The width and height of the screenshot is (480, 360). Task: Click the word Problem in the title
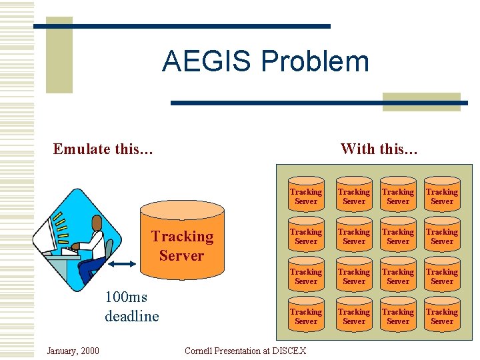[315, 61]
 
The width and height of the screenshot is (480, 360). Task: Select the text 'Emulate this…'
[103, 149]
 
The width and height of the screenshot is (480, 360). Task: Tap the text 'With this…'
[379, 149]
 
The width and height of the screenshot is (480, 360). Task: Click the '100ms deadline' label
[131, 307]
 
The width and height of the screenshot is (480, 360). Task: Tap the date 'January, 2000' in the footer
[73, 351]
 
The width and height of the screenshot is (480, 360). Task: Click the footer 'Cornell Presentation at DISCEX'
[245, 351]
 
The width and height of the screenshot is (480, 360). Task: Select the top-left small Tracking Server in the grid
[306, 196]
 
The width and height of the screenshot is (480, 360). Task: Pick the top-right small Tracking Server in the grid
[442, 196]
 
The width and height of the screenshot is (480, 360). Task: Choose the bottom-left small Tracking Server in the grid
[306, 316]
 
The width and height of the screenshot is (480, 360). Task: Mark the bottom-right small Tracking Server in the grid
[442, 316]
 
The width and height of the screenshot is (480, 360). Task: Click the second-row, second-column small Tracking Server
[354, 236]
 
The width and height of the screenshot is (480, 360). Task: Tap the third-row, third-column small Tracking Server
[398, 276]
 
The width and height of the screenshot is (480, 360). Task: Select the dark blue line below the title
[319, 103]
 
